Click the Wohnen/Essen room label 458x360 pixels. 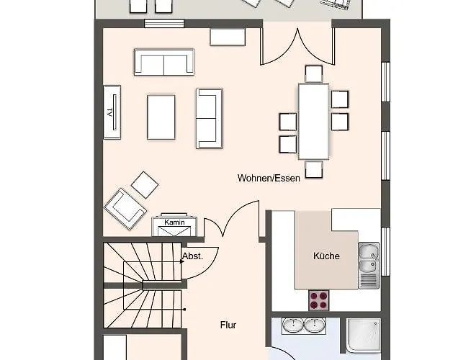point(269,178)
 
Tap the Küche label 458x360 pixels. point(326,256)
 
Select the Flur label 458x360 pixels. point(228,325)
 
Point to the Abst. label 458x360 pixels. point(192,256)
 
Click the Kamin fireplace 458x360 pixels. point(174,225)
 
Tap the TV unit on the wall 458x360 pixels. point(112,112)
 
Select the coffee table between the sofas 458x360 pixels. point(161,117)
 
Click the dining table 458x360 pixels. point(314,122)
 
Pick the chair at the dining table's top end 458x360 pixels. point(314,74)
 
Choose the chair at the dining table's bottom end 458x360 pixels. point(314,169)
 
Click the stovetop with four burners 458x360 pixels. point(319,300)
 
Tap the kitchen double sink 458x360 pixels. point(369,265)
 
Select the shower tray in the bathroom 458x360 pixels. point(364,336)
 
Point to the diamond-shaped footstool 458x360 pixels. point(145,185)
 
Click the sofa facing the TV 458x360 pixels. point(209,119)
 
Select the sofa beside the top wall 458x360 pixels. point(164,62)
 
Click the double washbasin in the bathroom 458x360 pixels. point(304,326)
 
